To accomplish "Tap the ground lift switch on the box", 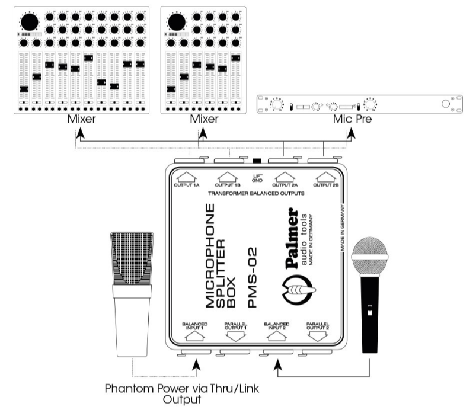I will click(x=257, y=161).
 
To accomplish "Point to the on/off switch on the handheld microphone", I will click(x=369, y=310).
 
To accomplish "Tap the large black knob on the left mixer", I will click(x=28, y=22).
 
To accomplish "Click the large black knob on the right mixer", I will click(x=177, y=22).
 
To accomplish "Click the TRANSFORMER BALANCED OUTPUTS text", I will click(x=257, y=193).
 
